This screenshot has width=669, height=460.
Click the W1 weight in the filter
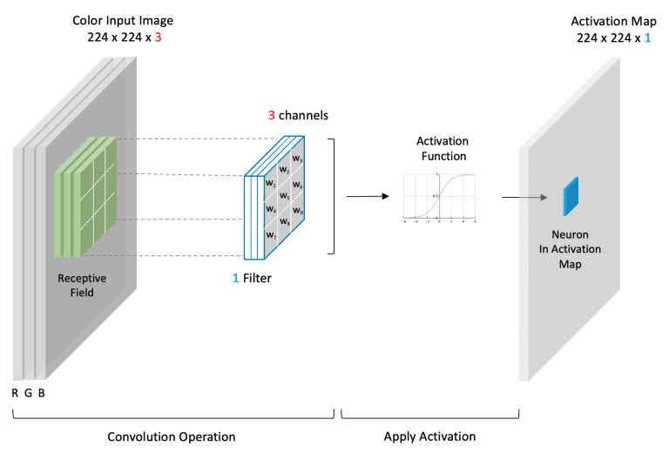(270, 184)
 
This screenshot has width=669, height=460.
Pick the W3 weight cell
(298, 159)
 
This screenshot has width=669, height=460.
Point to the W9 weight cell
(298, 210)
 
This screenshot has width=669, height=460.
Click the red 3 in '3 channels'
(271, 115)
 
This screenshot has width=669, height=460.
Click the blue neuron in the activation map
(570, 196)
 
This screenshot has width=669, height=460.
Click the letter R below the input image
(15, 393)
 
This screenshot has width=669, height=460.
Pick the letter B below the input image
(41, 393)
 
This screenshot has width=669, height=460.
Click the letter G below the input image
(28, 393)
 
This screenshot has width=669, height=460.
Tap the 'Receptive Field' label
(82, 285)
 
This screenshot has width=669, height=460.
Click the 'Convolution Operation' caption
(171, 436)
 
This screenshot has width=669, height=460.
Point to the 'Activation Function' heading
(442, 149)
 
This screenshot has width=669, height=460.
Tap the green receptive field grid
(86, 196)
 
